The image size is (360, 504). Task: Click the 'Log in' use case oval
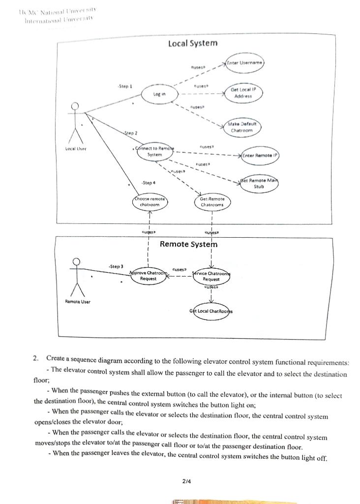tap(156, 94)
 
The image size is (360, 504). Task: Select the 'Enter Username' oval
tap(245, 63)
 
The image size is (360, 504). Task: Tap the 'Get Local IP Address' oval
tap(243, 94)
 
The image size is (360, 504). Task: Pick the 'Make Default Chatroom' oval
tap(241, 127)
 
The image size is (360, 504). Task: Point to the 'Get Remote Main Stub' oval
tap(259, 184)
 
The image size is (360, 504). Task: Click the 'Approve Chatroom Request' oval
tap(148, 276)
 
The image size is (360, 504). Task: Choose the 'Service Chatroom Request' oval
tap(211, 276)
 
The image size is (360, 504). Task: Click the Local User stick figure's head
tap(75, 106)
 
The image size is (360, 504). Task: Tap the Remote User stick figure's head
tap(76, 262)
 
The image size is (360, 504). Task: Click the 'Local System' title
tap(192, 43)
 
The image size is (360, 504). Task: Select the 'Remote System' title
tap(188, 244)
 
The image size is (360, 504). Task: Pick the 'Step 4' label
tap(148, 183)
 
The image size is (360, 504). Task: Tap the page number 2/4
tap(186, 481)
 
